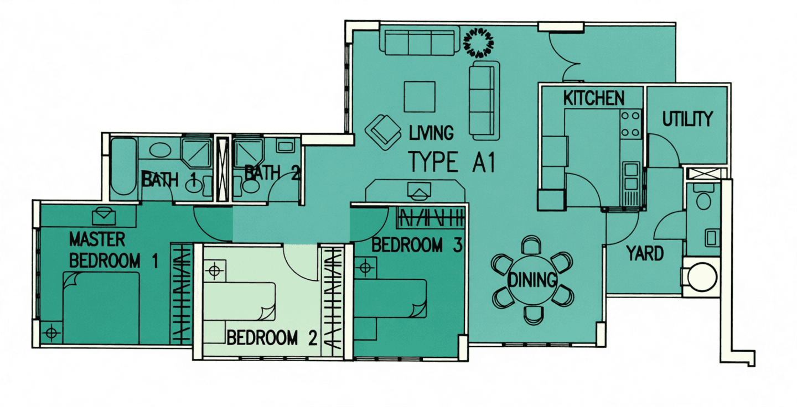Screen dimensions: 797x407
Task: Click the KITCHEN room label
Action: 594,98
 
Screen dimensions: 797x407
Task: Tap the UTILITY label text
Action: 687,119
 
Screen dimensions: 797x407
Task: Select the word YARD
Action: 645,253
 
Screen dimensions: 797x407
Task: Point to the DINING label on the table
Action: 532,280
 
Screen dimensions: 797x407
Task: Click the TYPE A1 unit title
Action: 452,161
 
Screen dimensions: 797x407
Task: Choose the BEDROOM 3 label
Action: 417,246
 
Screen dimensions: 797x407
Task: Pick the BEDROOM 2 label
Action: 272,338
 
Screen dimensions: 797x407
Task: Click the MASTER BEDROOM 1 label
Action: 113,250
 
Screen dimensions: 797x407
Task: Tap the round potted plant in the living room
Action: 479,43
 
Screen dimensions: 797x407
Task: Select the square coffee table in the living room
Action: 420,97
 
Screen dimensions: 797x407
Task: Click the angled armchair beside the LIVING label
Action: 383,132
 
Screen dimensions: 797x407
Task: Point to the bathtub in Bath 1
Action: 123,166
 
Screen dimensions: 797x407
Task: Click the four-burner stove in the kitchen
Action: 630,124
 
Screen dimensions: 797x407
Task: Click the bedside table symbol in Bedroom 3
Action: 365,267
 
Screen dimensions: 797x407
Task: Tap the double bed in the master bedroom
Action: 101,308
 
